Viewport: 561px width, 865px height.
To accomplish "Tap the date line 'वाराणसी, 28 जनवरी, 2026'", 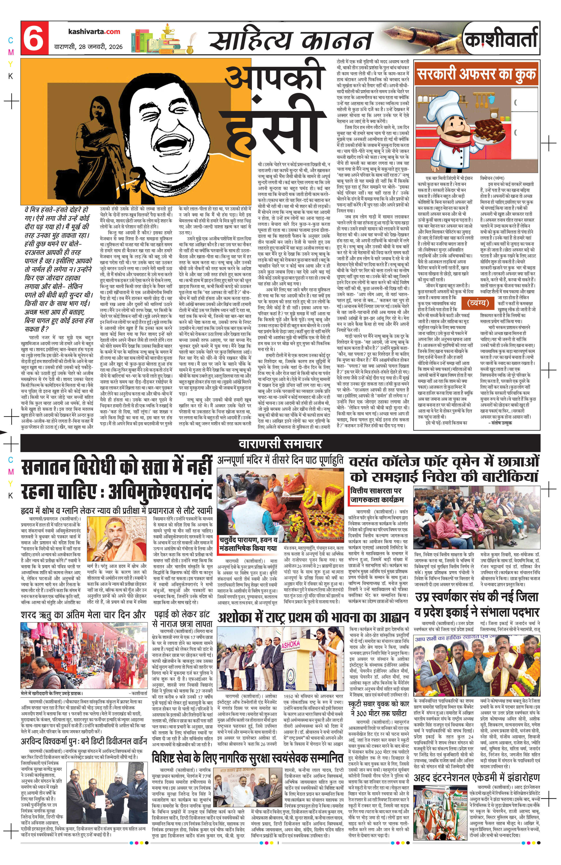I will point(88,46).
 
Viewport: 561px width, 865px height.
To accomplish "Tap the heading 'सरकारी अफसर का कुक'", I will point(476,74).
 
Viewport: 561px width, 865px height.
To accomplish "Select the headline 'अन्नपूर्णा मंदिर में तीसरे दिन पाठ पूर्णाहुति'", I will point(280,461).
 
